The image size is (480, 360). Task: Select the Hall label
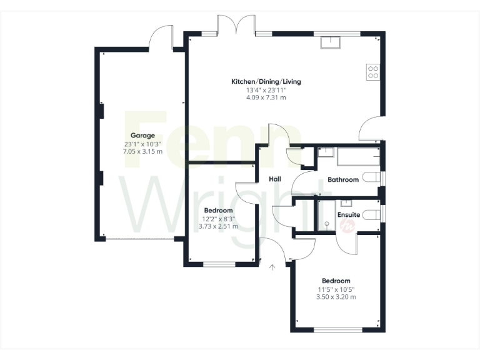point(274,179)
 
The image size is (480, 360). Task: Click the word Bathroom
point(343,180)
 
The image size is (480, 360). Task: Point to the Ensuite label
point(348,214)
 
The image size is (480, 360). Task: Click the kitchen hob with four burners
point(373,72)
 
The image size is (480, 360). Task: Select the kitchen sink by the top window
point(329,42)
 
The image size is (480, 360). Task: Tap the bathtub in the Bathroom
point(358,156)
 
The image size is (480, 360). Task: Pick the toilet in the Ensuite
point(372,214)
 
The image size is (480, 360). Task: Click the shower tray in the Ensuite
point(326,216)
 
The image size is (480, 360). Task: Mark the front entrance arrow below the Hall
point(272,267)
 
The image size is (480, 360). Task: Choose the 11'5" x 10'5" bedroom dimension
point(336,289)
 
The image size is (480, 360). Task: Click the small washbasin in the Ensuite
point(346,202)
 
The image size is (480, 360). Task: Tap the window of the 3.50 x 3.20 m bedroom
point(336,330)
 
